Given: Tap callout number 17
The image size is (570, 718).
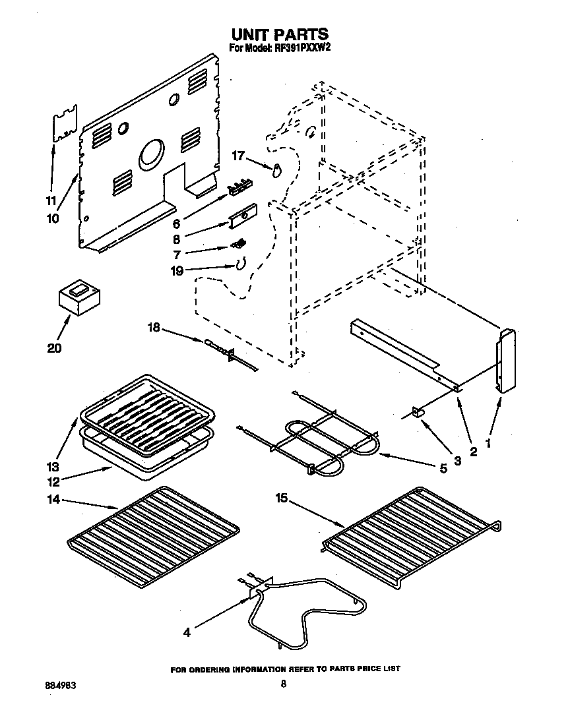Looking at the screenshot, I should [x=237, y=156].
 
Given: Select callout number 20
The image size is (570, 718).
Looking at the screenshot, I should [x=55, y=348].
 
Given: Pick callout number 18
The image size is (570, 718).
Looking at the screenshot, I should [x=154, y=326].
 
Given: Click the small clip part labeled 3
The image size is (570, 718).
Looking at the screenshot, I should [x=418, y=413].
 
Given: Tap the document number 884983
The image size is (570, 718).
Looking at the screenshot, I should [x=57, y=685].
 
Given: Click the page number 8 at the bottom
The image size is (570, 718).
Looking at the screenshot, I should [x=283, y=684].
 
